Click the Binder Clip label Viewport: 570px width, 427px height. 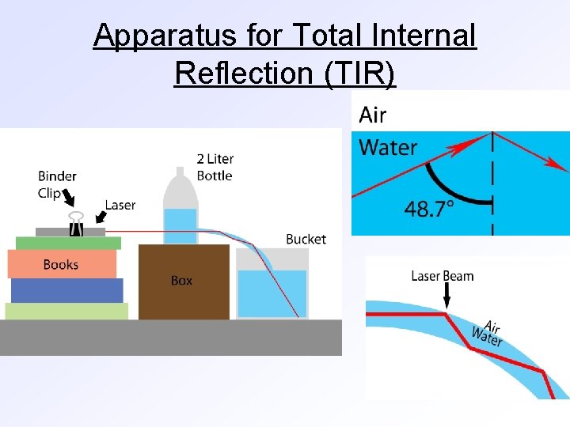pyautogui.click(x=57, y=184)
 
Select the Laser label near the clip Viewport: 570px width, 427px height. pyautogui.click(x=120, y=205)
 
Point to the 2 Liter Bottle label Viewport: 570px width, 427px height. pyautogui.click(x=215, y=167)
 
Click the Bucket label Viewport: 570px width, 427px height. pyautogui.click(x=306, y=239)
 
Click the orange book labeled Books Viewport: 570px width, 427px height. pyautogui.click(x=62, y=264)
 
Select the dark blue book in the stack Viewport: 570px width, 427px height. pyautogui.click(x=66, y=290)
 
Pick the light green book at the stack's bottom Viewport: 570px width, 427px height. pyautogui.click(x=66, y=311)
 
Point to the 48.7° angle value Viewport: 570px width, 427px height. pyautogui.click(x=429, y=209)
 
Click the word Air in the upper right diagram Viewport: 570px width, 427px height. pyautogui.click(x=373, y=115)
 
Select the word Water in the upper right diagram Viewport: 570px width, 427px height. pyautogui.click(x=388, y=147)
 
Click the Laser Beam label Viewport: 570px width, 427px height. pyautogui.click(x=443, y=276)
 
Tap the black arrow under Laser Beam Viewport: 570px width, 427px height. pyautogui.click(x=446, y=297)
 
